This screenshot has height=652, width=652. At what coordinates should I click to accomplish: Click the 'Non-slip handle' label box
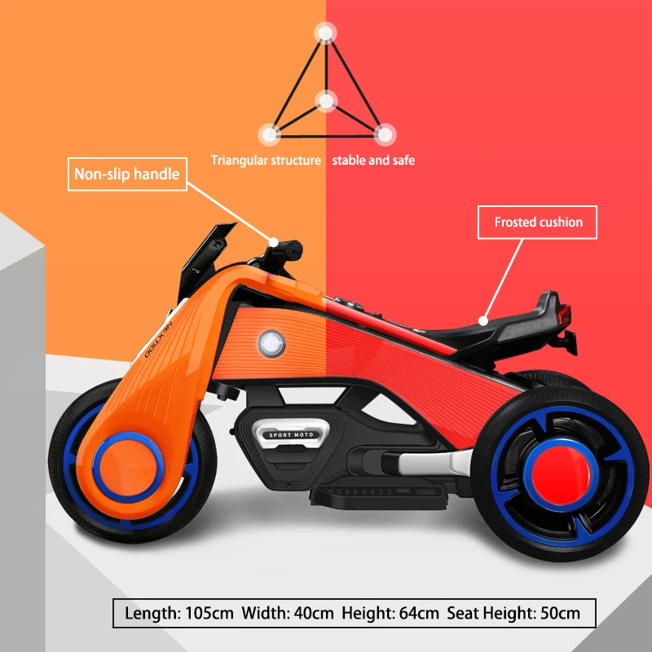tap(126, 174)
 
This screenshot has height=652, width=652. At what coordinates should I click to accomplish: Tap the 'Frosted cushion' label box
tap(538, 222)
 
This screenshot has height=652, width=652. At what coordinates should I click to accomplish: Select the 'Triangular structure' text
tap(266, 161)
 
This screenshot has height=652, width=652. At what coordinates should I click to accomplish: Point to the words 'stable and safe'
tap(373, 161)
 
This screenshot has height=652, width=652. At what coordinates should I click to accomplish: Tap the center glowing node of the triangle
tap(326, 102)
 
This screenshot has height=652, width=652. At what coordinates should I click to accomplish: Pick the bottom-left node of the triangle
tap(269, 134)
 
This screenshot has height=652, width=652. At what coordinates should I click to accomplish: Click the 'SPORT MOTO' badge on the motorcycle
tap(291, 435)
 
